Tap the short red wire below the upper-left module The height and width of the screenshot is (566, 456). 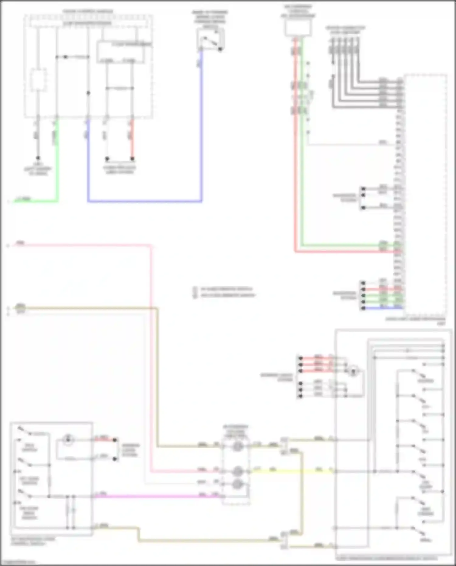pos(132,140)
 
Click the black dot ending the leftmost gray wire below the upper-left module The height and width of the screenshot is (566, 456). pos(38,158)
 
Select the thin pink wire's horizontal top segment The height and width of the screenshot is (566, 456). pos(82,245)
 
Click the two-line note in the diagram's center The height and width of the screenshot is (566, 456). pos(225,292)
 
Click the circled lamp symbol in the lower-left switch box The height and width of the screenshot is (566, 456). pos(68,439)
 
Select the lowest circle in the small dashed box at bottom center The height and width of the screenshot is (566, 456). pos(237,484)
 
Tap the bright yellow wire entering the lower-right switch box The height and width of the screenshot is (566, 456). pos(292,471)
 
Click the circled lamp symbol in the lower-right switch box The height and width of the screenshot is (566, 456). pos(353,371)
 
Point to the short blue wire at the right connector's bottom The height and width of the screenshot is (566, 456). pos(383,308)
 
